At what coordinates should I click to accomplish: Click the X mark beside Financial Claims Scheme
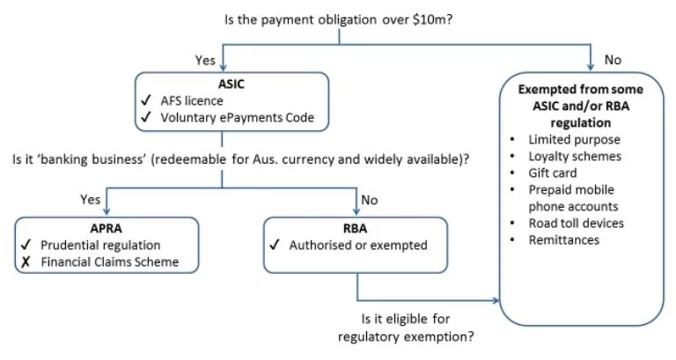26,261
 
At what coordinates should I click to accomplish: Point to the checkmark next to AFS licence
145,101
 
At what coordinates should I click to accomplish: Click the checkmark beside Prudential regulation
26,246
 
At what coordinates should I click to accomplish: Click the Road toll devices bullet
576,223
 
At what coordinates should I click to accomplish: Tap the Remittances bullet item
563,239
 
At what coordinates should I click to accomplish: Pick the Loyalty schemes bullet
575,156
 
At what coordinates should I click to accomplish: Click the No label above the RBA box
369,199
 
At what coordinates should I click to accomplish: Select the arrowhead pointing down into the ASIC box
226,68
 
